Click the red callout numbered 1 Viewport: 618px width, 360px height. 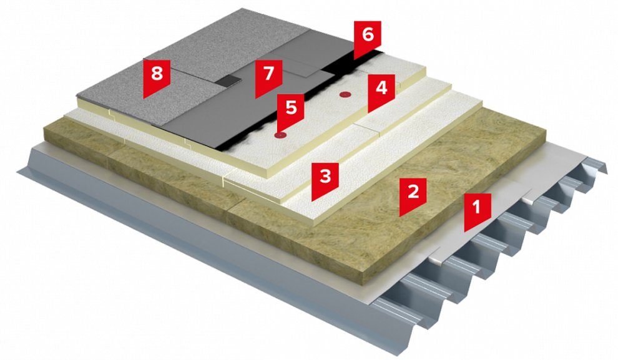point(478,209)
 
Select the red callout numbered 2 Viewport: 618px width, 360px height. point(413,194)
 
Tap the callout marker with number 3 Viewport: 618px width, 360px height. point(325,178)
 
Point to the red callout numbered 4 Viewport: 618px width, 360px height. point(381,90)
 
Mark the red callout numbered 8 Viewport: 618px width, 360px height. point(157,75)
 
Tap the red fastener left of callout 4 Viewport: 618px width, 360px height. point(345,95)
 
